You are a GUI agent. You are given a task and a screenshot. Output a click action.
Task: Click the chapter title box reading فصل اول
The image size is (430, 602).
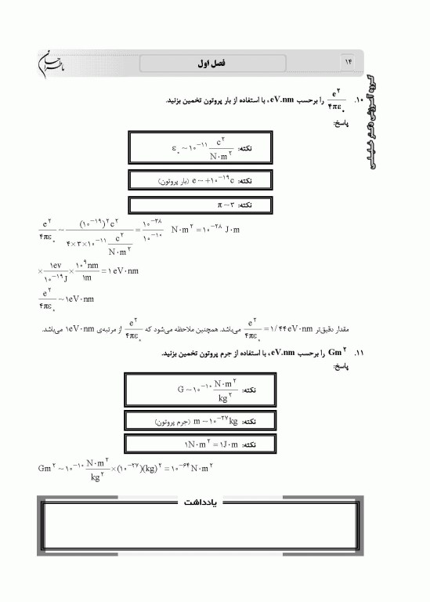click(236, 63)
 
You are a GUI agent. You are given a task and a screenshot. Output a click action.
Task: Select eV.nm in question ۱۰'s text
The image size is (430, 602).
click(283, 100)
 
